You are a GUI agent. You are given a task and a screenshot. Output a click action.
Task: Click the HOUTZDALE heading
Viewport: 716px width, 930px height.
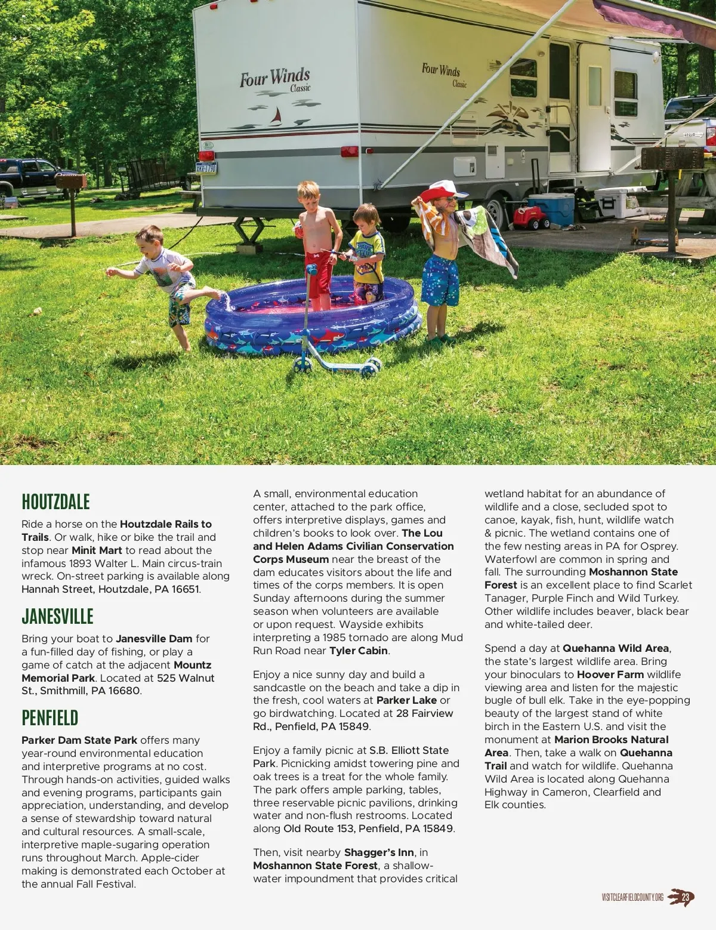click(55, 502)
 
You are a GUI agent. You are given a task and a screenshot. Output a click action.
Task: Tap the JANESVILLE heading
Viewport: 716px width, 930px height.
click(57, 617)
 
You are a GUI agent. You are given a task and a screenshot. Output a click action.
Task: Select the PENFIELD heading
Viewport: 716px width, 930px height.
click(50, 718)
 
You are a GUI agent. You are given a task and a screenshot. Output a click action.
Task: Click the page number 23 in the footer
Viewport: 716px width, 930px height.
click(685, 897)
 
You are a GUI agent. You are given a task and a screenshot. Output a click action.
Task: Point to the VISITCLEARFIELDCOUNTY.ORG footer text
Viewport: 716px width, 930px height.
click(632, 898)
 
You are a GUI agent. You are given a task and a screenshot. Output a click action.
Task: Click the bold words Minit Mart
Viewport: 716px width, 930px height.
click(97, 550)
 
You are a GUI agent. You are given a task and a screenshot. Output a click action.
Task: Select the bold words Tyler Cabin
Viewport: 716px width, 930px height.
click(359, 651)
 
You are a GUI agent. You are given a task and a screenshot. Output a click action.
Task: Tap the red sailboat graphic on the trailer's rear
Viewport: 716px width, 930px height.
click(276, 116)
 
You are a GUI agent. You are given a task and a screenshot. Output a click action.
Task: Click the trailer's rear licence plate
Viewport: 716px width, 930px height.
click(206, 168)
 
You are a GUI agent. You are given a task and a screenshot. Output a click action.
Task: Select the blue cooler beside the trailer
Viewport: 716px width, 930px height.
click(551, 209)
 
